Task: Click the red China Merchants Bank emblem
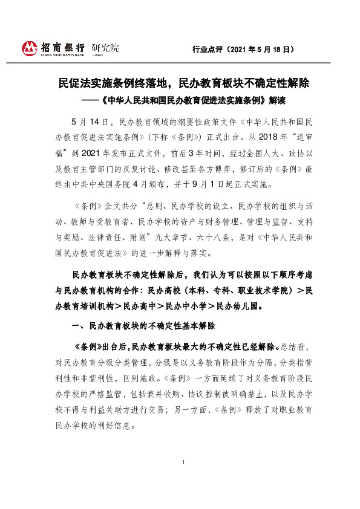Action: (x=30, y=48)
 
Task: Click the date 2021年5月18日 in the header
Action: (x=263, y=48)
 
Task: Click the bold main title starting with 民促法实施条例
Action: (x=180, y=82)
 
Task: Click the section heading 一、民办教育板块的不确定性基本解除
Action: (x=142, y=326)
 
